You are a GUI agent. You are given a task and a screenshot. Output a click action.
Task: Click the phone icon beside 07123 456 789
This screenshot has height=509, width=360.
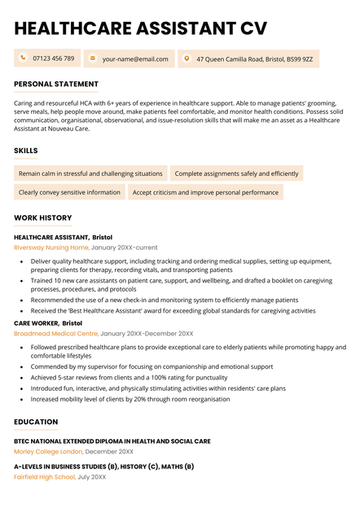pyautogui.click(x=23, y=59)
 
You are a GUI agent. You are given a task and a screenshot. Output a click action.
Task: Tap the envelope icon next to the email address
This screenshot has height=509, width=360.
pyautogui.click(x=92, y=59)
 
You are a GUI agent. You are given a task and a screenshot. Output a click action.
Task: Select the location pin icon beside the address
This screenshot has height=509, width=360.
pyautogui.click(x=187, y=59)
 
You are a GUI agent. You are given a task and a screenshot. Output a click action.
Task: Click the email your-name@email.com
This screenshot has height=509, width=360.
pyautogui.click(x=135, y=59)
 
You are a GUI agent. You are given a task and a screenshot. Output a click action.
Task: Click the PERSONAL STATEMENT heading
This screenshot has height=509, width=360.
pyautogui.click(x=56, y=84)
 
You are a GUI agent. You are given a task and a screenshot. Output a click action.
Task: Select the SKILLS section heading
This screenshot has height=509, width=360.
pyautogui.click(x=26, y=151)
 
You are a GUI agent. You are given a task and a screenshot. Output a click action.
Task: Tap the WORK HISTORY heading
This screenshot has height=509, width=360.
pyautogui.click(x=42, y=217)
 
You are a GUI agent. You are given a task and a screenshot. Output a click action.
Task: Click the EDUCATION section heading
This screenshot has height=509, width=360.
pyautogui.click(x=36, y=422)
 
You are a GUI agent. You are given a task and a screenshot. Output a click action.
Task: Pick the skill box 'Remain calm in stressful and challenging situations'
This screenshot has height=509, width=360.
pyautogui.click(x=90, y=173)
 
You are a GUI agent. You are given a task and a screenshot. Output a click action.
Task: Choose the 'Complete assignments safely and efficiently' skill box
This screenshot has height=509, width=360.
pyautogui.click(x=236, y=173)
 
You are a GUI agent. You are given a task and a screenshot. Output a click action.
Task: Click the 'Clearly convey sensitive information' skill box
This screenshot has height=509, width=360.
pyautogui.click(x=69, y=192)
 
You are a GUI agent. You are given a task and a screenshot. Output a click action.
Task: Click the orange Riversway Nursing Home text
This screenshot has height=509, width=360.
pyautogui.click(x=51, y=247)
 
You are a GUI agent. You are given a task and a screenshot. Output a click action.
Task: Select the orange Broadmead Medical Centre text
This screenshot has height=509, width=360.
pyautogui.click(x=55, y=333)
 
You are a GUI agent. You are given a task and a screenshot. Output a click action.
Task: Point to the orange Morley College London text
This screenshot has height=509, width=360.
pyautogui.click(x=48, y=451)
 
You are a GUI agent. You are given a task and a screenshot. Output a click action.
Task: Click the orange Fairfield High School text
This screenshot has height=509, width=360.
pyautogui.click(x=45, y=477)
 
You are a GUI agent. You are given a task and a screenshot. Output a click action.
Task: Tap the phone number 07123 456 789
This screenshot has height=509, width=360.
pyautogui.click(x=54, y=59)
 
